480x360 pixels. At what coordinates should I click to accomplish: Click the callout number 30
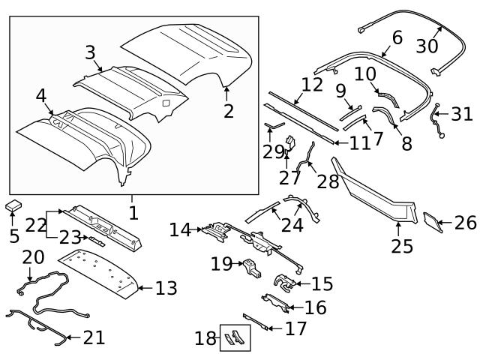427,46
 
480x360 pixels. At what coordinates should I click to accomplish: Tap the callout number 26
465,223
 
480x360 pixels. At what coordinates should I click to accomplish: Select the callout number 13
166,287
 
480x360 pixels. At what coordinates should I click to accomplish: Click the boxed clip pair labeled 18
235,337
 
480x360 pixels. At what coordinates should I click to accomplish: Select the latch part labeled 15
283,282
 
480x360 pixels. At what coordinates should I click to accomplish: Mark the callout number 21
94,338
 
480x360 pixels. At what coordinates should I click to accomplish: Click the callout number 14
180,229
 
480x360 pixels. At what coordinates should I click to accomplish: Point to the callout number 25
402,245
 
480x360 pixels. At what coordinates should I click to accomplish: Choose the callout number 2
229,111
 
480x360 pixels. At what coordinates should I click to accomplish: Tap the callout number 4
40,96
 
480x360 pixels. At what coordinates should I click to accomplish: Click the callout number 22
35,223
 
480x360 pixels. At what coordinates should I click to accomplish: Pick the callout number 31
462,115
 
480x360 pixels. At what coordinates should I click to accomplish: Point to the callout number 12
312,85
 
